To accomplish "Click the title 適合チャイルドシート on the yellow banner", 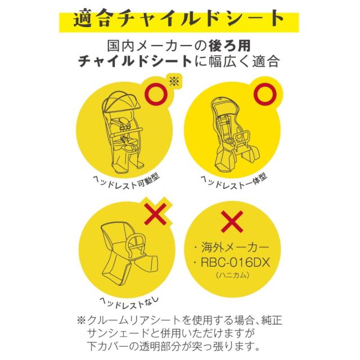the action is tap(179, 19).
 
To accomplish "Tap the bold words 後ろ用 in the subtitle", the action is tap(229, 46).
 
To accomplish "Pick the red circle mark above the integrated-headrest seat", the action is tap(265, 94).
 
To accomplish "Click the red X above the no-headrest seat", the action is tap(155, 214).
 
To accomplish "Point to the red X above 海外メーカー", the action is tap(232, 222).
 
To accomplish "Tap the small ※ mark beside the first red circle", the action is tap(174, 81).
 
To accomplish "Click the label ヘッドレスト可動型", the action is tap(126, 182).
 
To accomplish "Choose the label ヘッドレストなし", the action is tap(129, 303).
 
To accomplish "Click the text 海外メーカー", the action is tap(235, 247).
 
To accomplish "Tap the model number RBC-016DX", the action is tap(235, 262).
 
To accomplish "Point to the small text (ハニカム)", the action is tap(232, 275).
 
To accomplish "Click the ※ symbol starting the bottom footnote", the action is tap(81, 320).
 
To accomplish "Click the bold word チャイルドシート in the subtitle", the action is tap(136, 61).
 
